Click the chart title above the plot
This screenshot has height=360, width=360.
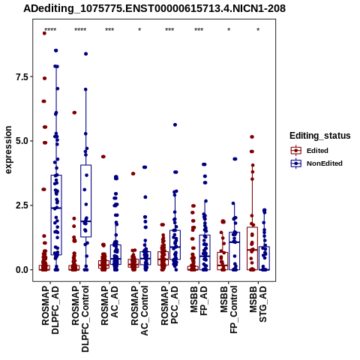click(154, 9)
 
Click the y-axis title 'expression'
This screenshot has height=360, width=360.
click(8, 150)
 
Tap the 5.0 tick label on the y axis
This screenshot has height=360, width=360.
click(22, 141)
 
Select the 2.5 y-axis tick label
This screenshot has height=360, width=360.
click(22, 205)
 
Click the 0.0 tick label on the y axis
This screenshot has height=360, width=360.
click(22, 270)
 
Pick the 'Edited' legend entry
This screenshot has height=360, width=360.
click(317, 151)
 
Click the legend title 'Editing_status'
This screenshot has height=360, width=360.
click(320, 136)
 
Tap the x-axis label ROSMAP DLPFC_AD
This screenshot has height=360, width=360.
click(50, 310)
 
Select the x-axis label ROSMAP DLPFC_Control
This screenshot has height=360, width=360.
click(80, 319)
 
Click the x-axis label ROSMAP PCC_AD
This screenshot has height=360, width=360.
click(169, 305)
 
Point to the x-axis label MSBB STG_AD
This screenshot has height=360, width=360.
click(258, 304)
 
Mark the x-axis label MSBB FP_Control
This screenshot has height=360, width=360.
click(229, 310)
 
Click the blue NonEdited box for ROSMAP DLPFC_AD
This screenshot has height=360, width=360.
click(56, 214)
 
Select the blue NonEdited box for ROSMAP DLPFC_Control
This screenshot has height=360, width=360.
click(85, 201)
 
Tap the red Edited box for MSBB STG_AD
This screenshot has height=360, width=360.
click(252, 248)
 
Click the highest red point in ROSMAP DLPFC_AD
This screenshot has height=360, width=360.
click(44, 33)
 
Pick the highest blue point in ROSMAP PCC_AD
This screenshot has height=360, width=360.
click(175, 124)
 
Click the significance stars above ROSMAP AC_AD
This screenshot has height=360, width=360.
click(109, 30)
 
